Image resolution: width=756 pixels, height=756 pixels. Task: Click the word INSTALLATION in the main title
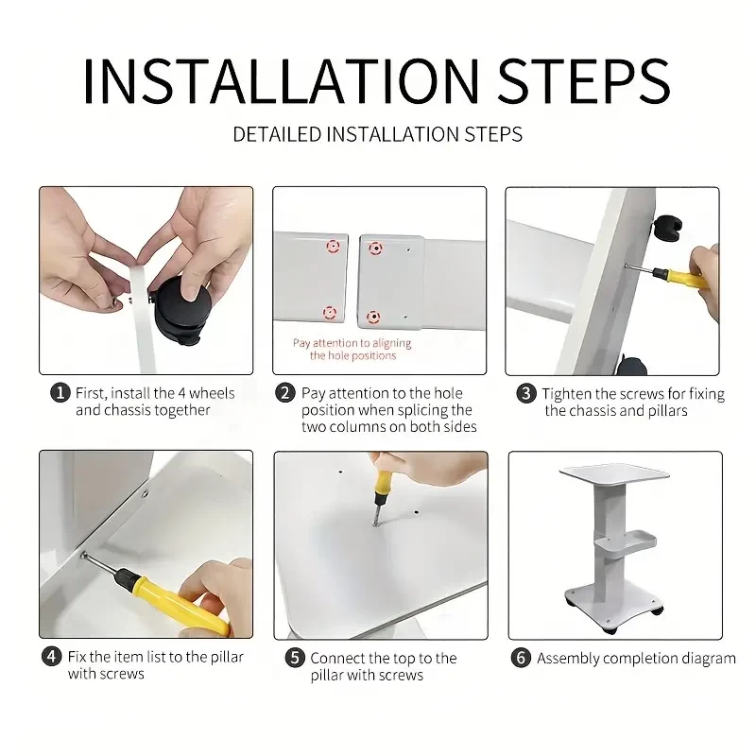pos(281,81)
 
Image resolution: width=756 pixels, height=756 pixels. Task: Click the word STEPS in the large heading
pos(584,81)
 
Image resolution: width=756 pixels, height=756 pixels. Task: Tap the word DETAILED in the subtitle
pos(277,134)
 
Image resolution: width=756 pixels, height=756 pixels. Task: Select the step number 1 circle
pos(60,393)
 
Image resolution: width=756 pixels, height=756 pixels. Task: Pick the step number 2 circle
pos(285,393)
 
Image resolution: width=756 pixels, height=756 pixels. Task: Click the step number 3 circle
pos(526,393)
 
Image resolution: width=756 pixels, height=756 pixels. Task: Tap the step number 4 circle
pos(52,657)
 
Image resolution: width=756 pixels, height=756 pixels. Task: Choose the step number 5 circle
pos(295,658)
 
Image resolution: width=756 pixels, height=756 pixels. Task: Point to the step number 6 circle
pos(521,658)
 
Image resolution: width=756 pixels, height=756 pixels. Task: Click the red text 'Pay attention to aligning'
pos(352,343)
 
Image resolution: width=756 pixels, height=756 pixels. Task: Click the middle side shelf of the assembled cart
pos(626,544)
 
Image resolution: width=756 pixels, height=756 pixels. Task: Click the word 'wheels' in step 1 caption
pos(212,393)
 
